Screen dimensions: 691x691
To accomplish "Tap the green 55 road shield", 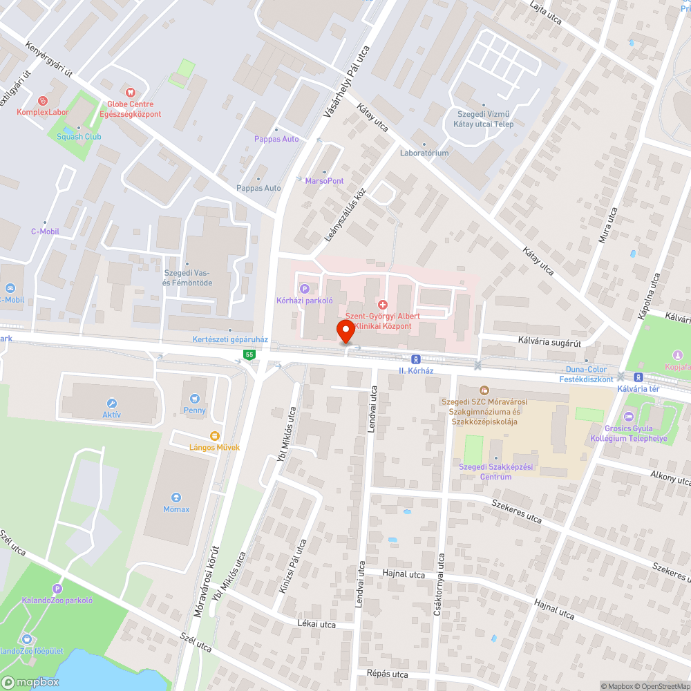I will click(249, 354).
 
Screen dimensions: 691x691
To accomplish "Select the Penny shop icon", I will click(195, 398).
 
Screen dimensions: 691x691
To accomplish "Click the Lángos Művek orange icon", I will click(214, 435).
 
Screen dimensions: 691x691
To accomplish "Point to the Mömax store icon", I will click(176, 497).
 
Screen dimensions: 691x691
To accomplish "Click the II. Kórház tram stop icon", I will click(415, 359).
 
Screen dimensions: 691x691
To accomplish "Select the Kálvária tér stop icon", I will click(638, 377).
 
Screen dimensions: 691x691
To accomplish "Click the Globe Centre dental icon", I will click(129, 92).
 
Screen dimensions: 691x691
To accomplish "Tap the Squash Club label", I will click(79, 136).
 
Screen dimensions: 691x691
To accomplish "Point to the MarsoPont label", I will click(324, 180).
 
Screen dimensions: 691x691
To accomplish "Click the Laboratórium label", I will click(424, 153).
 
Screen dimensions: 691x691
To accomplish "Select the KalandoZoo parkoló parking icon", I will click(57, 589).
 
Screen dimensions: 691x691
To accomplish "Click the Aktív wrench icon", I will click(112, 403).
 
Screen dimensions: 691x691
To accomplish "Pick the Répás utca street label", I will click(388, 674).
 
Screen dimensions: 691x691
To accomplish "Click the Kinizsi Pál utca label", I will click(292, 573).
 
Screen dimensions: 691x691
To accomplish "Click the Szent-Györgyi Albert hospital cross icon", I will click(383, 305).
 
